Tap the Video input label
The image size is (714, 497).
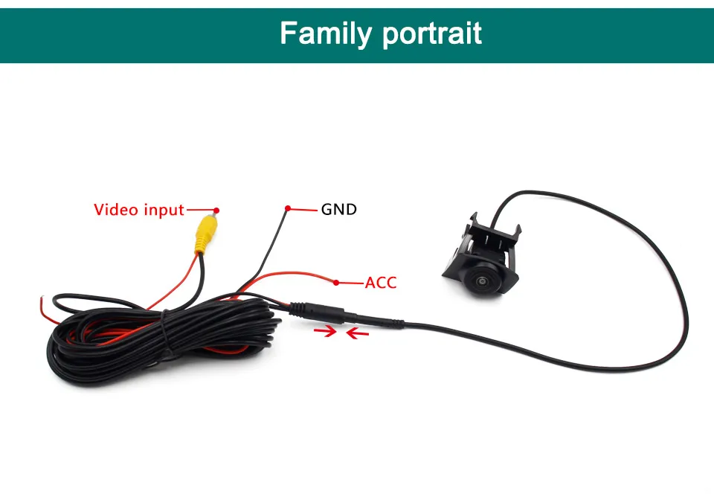(x=138, y=210)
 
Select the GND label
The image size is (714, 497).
(x=339, y=209)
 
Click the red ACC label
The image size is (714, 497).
(x=381, y=283)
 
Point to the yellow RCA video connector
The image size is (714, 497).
(x=205, y=232)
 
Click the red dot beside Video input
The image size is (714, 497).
(x=216, y=210)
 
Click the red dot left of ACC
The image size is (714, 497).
(x=337, y=283)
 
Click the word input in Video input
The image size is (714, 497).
(x=163, y=210)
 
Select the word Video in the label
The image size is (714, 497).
(x=116, y=210)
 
